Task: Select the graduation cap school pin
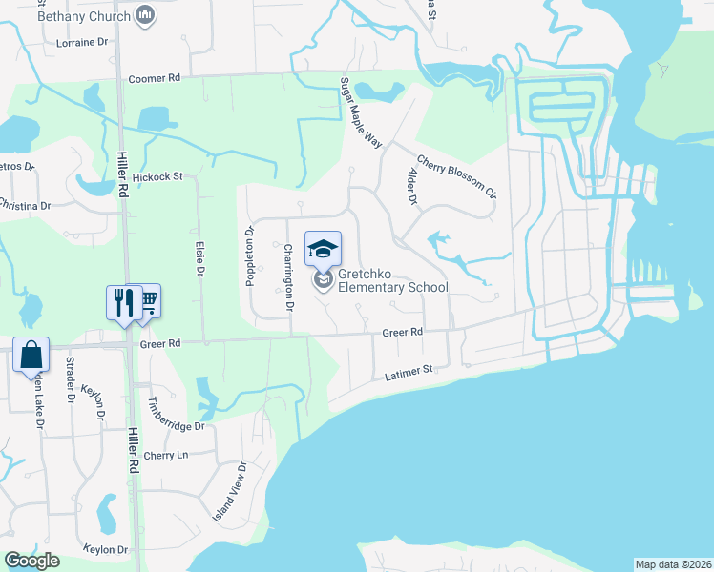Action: pyautogui.click(x=323, y=250)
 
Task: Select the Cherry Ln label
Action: pyautogui.click(x=166, y=455)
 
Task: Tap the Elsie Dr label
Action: pyautogui.click(x=199, y=258)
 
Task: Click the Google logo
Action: pyautogui.click(x=31, y=561)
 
